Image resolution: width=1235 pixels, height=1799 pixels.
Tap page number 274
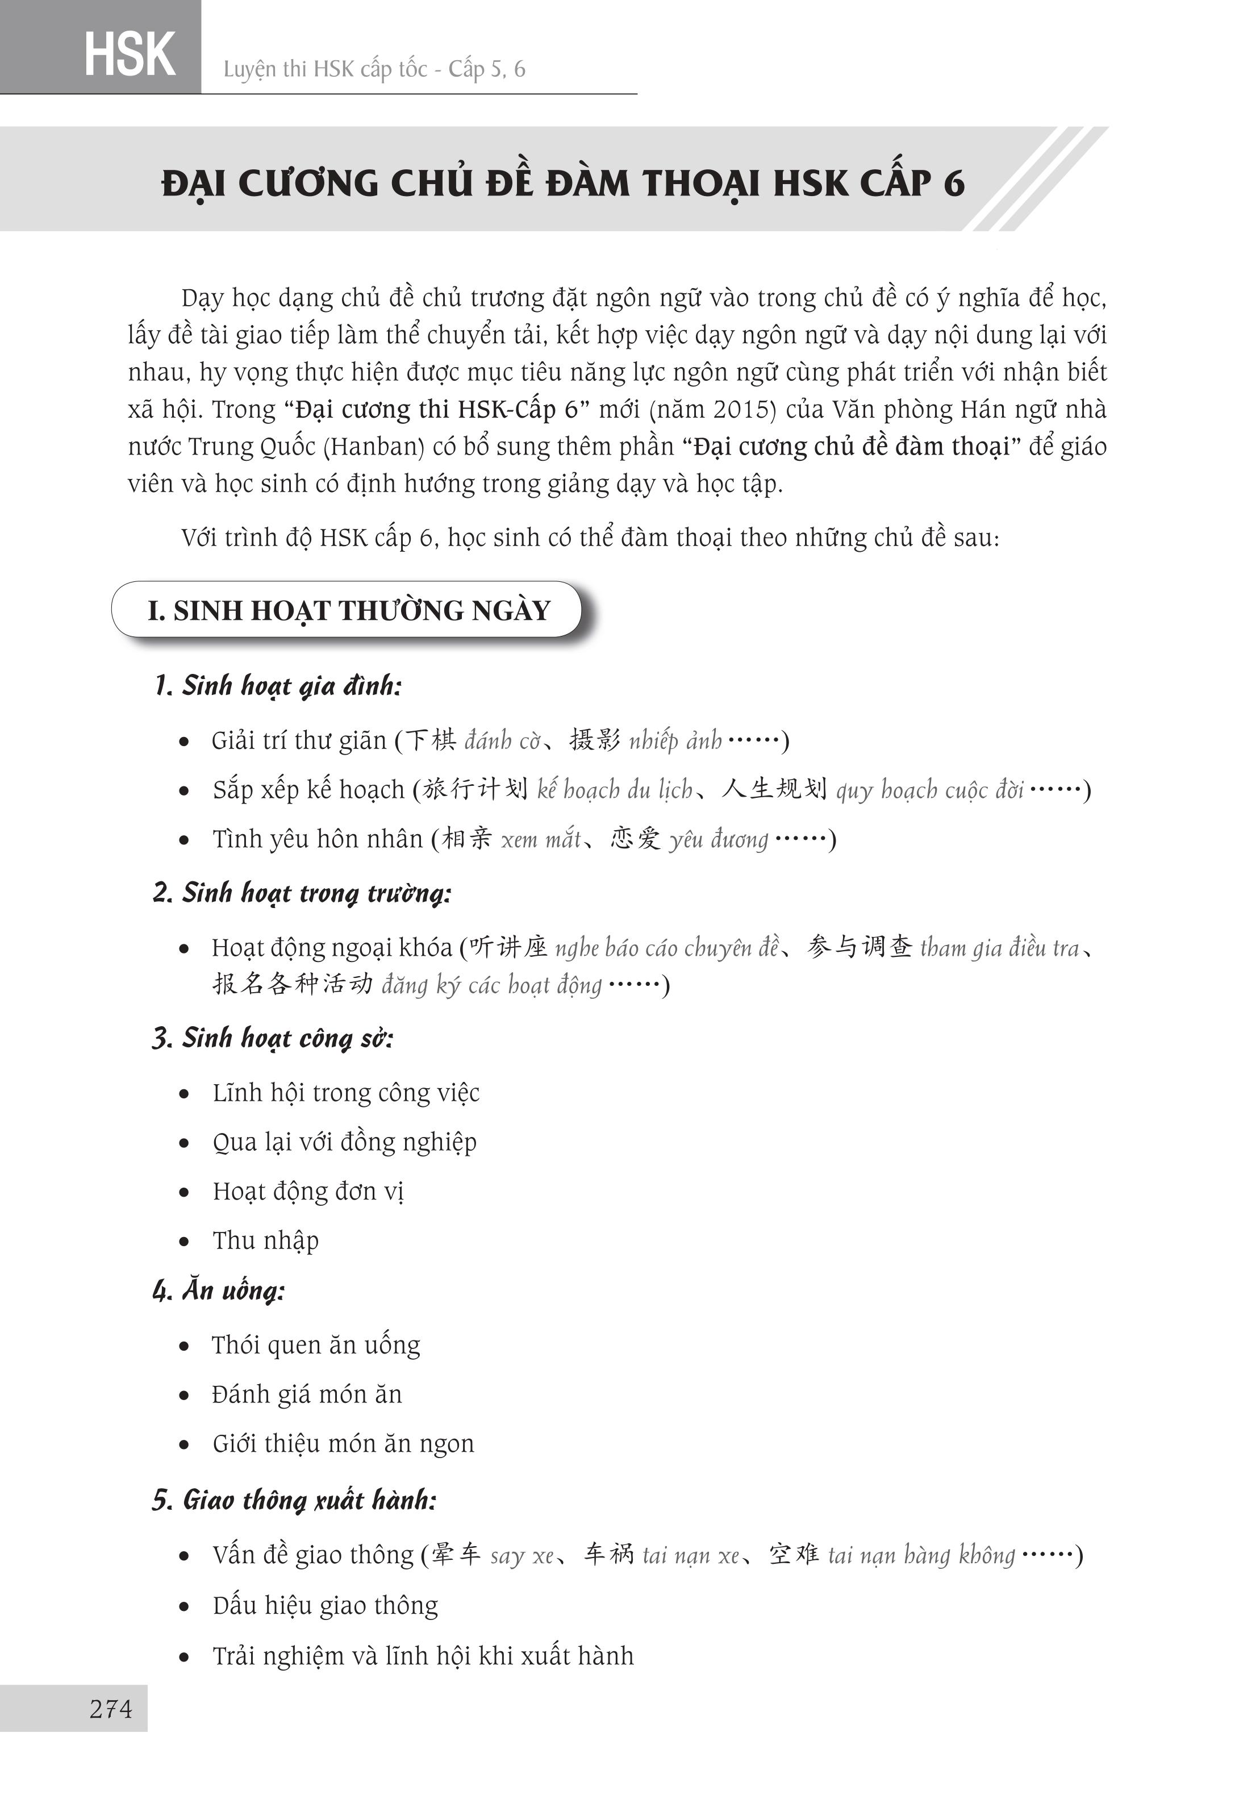[111, 1708]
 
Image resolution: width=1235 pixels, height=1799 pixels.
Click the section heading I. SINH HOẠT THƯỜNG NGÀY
[348, 611]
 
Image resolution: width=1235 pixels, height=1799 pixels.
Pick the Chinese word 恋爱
[635, 838]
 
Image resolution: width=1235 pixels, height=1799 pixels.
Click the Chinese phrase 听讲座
[508, 947]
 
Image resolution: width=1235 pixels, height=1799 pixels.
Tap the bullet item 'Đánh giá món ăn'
[307, 1394]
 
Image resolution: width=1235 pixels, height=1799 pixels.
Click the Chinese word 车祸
[609, 1554]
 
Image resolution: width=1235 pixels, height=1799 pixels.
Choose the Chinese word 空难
[794, 1554]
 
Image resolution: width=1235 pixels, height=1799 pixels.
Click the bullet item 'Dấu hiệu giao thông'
[326, 1605]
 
